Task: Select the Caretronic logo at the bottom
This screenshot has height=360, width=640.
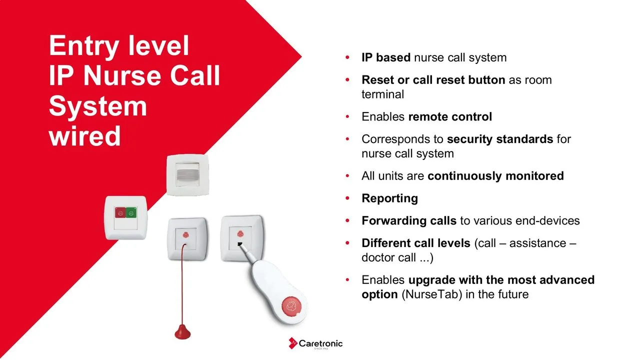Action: (x=315, y=343)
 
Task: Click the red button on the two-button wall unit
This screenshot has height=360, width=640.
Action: (x=120, y=212)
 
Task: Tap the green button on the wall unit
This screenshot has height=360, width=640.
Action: (x=131, y=212)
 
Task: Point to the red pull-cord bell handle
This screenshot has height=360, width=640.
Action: (x=182, y=332)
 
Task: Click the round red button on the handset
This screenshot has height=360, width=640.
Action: (x=291, y=306)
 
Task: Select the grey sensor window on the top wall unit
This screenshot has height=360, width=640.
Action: (x=187, y=175)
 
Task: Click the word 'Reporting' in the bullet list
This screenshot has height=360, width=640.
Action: (x=389, y=198)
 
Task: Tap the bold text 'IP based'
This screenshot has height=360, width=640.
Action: (x=386, y=57)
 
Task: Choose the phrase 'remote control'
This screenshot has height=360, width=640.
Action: (x=450, y=116)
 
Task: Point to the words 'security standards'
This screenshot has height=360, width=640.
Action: (x=500, y=139)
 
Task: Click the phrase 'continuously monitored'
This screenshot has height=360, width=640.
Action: (x=495, y=175)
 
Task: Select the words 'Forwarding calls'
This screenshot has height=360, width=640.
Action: (x=409, y=220)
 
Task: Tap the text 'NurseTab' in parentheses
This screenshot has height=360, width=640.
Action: (x=431, y=294)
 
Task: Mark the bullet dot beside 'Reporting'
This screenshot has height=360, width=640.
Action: (x=347, y=198)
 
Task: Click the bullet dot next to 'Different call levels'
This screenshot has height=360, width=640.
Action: (x=347, y=243)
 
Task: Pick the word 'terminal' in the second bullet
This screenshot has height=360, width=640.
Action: (x=382, y=94)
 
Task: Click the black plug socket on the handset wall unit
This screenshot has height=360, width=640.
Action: (x=240, y=244)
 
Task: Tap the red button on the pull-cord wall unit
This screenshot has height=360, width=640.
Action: (x=185, y=235)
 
